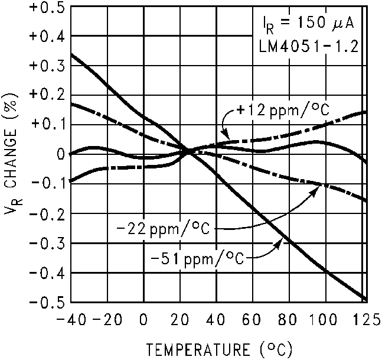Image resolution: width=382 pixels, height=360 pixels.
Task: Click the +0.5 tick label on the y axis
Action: click(x=45, y=7)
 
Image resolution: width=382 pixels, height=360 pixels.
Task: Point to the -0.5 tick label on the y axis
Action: click(x=45, y=303)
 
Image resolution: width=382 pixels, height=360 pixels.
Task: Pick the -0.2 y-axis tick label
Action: click(x=45, y=214)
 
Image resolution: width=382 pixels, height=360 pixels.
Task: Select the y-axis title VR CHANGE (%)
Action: click(x=12, y=155)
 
